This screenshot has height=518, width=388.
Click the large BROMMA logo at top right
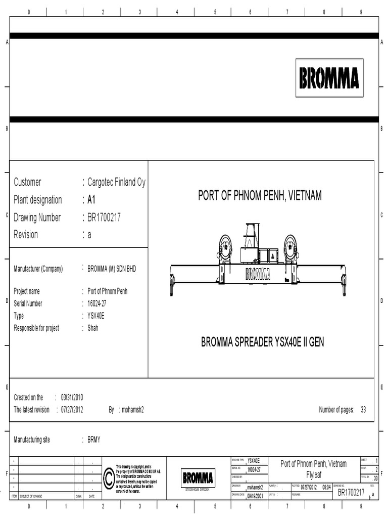coord(329,78)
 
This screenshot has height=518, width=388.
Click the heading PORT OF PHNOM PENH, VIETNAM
coord(260,196)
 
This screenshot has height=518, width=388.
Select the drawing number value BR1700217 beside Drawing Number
coord(104,218)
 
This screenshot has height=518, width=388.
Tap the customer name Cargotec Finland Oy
coord(116,182)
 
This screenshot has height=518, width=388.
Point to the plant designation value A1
coord(91,200)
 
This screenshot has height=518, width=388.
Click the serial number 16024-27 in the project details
coord(97,304)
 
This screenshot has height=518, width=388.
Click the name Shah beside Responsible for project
coord(93,328)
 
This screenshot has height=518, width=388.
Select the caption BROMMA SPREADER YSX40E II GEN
coord(263,342)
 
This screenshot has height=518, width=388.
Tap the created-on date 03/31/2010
coord(72,398)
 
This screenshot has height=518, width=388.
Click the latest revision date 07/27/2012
coord(72,410)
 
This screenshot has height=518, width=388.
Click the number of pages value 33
coord(363,410)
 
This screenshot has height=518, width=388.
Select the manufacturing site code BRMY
coord(94,440)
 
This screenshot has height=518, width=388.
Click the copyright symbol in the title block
coord(109,478)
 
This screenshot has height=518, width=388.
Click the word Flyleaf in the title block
coord(314,476)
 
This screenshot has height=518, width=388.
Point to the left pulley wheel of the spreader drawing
coord(225,248)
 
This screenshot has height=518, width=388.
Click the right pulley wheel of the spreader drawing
coord(290,248)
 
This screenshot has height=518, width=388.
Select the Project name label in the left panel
coord(27,291)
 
